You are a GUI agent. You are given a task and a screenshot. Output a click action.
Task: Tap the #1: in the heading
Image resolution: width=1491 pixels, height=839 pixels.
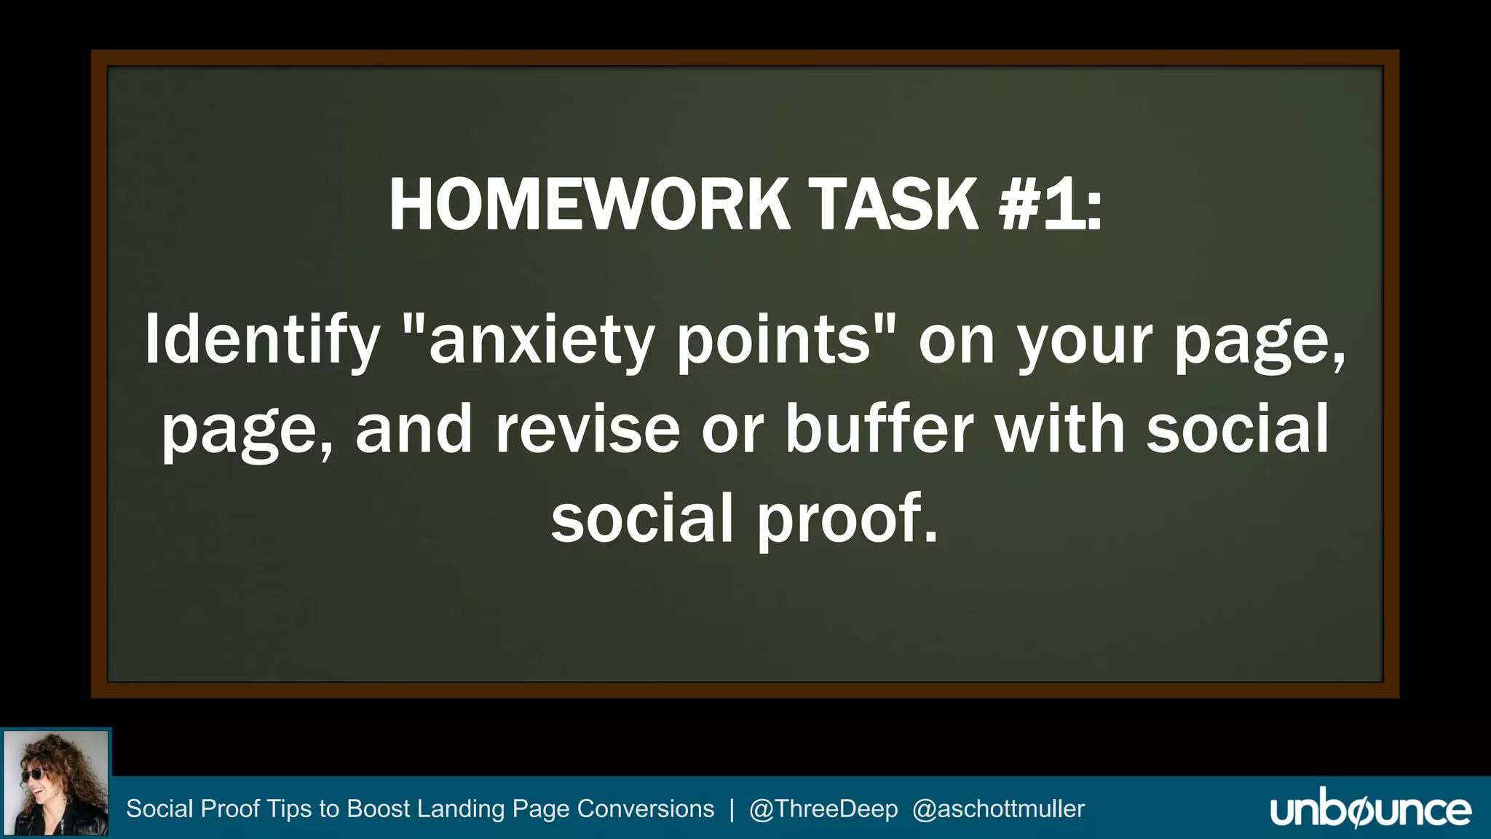(1050, 205)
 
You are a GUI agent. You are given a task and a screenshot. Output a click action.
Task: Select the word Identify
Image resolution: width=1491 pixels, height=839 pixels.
(262, 340)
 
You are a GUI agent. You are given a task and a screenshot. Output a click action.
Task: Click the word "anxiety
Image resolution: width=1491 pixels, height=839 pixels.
(529, 340)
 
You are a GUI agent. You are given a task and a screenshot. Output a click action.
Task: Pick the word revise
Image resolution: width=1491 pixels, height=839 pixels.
(588, 430)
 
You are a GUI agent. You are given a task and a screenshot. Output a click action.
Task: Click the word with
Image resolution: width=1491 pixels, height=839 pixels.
(1059, 430)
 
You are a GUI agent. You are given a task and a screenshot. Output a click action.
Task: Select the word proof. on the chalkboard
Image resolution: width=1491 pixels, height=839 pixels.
(847, 519)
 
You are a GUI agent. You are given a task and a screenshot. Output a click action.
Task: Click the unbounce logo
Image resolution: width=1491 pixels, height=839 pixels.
(1370, 808)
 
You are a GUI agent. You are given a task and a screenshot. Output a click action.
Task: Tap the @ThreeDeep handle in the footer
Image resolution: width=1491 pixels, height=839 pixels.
(823, 809)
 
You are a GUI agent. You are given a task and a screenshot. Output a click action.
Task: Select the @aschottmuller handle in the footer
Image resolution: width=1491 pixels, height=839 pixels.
(998, 809)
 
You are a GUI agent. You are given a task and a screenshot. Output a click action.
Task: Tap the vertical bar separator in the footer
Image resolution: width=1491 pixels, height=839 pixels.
(732, 809)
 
